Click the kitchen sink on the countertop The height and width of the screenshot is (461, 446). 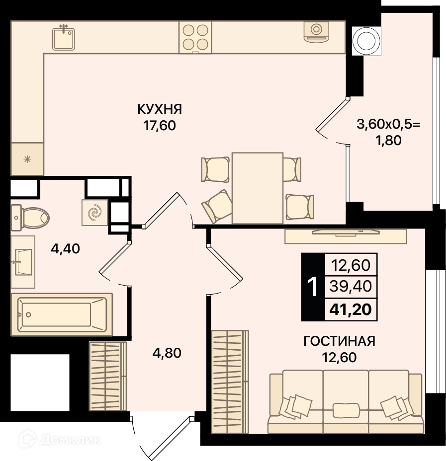tap(64, 39)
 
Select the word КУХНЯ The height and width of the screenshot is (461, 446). tap(160, 109)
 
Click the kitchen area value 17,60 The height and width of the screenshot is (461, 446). tap(160, 126)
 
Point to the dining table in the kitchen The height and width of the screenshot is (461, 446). tap(258, 188)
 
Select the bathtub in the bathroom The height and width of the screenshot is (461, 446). tap(62, 314)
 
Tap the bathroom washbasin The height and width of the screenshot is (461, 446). tap(23, 262)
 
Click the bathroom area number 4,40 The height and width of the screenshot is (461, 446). tap(65, 249)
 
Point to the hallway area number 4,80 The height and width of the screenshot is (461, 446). tap(167, 353)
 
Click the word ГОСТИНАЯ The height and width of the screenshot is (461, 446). tap(339, 341)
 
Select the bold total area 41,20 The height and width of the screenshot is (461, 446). tap(351, 309)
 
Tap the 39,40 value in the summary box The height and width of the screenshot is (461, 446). tap(351, 286)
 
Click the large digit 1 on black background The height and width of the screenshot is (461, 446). tap(312, 287)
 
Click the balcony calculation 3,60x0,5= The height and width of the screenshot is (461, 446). tap(388, 124)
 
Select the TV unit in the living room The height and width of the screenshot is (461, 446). tap(346, 236)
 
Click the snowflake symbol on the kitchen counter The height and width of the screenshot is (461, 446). tap(27, 159)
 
